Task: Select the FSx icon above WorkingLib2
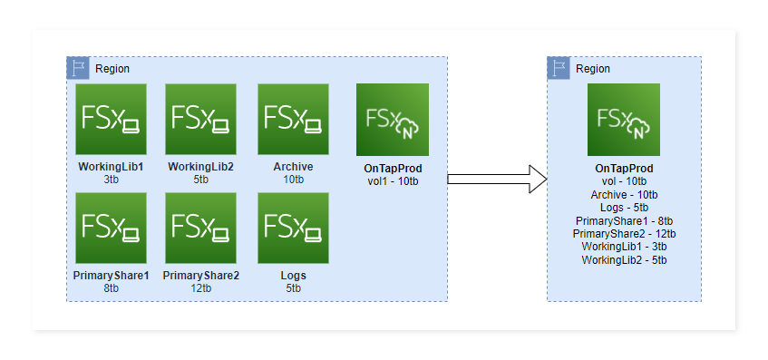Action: [x=200, y=120]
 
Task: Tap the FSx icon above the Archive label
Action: [x=293, y=120]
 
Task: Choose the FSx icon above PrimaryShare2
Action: [x=200, y=228]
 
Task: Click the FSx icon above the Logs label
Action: [x=293, y=228]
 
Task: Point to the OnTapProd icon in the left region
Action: [x=392, y=120]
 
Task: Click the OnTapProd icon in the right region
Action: [x=624, y=120]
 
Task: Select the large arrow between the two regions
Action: [x=497, y=179]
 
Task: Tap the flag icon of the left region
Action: [x=78, y=68]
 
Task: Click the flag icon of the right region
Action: [x=559, y=68]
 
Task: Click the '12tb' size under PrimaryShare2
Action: [x=200, y=288]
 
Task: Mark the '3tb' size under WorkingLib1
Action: [x=111, y=180]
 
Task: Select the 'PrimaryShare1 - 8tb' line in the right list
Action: [x=624, y=220]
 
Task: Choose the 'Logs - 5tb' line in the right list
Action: [x=624, y=207]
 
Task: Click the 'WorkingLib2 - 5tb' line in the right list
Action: [x=624, y=260]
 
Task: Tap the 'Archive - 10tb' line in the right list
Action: [x=624, y=194]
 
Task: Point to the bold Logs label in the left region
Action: [x=293, y=276]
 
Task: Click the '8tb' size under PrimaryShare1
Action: [x=111, y=288]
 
